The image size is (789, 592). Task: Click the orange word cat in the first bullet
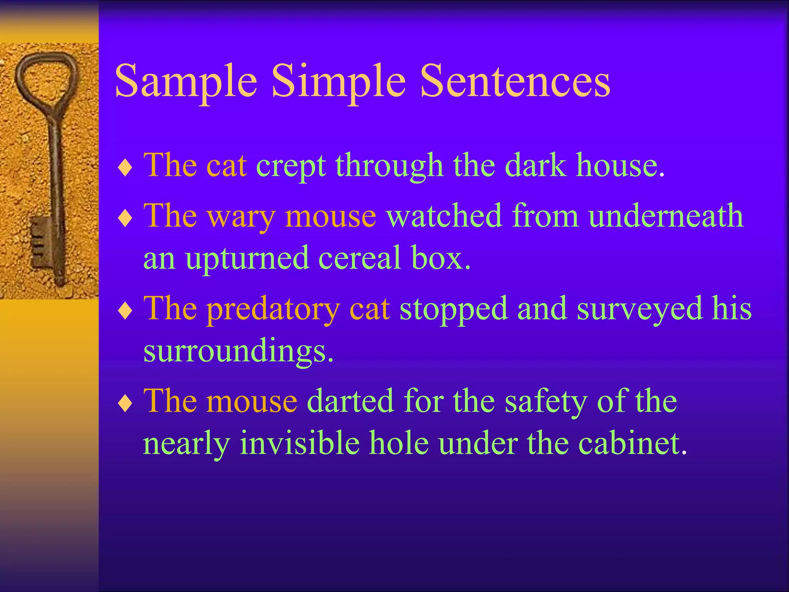tap(227, 166)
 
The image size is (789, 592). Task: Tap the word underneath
tap(666, 216)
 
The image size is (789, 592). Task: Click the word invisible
tap(299, 443)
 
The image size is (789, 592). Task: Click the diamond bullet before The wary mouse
tap(125, 219)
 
